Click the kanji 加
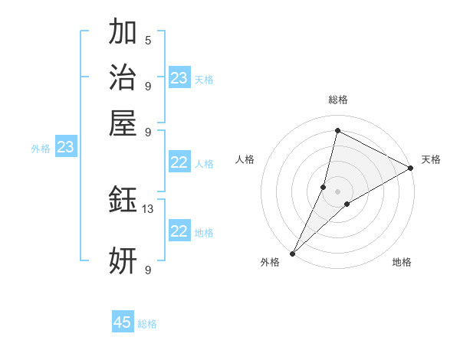pos(123,32)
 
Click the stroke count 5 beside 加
pos(148,40)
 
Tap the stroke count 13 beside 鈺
pos(148,208)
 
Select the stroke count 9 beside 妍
pos(148,270)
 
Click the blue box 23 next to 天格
pos(179,78)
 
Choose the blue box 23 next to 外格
pos(66,147)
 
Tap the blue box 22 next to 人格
pos(179,162)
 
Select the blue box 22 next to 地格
pos(179,231)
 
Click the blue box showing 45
pos(123,322)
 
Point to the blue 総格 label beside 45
pos(147,324)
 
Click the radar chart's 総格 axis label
pos(337,100)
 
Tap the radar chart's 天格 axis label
pos(431,159)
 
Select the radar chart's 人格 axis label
pos(245,159)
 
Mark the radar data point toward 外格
pos(292,253)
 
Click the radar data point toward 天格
pos(411,169)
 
